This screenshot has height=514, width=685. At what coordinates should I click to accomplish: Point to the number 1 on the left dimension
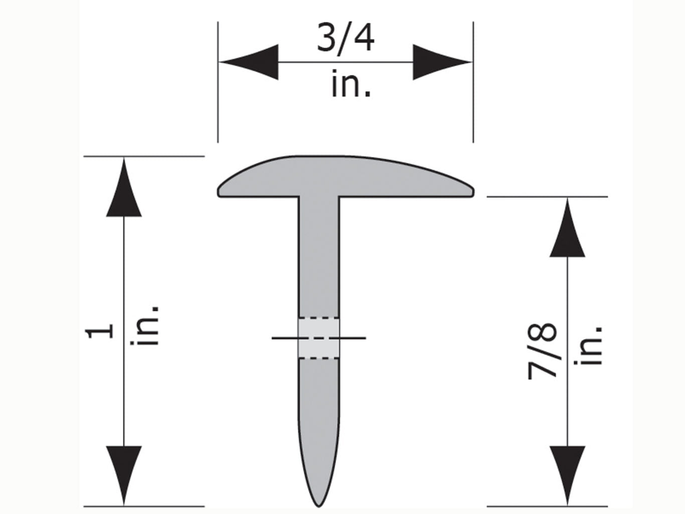click(100, 331)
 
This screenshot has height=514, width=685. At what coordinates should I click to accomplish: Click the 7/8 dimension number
click(543, 351)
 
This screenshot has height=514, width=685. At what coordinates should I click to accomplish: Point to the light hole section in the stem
click(319, 338)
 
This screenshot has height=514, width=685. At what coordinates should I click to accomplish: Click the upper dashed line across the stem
click(319, 318)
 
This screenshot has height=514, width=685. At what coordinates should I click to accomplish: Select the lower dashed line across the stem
click(319, 358)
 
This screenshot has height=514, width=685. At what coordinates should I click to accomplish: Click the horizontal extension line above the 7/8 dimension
click(547, 197)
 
